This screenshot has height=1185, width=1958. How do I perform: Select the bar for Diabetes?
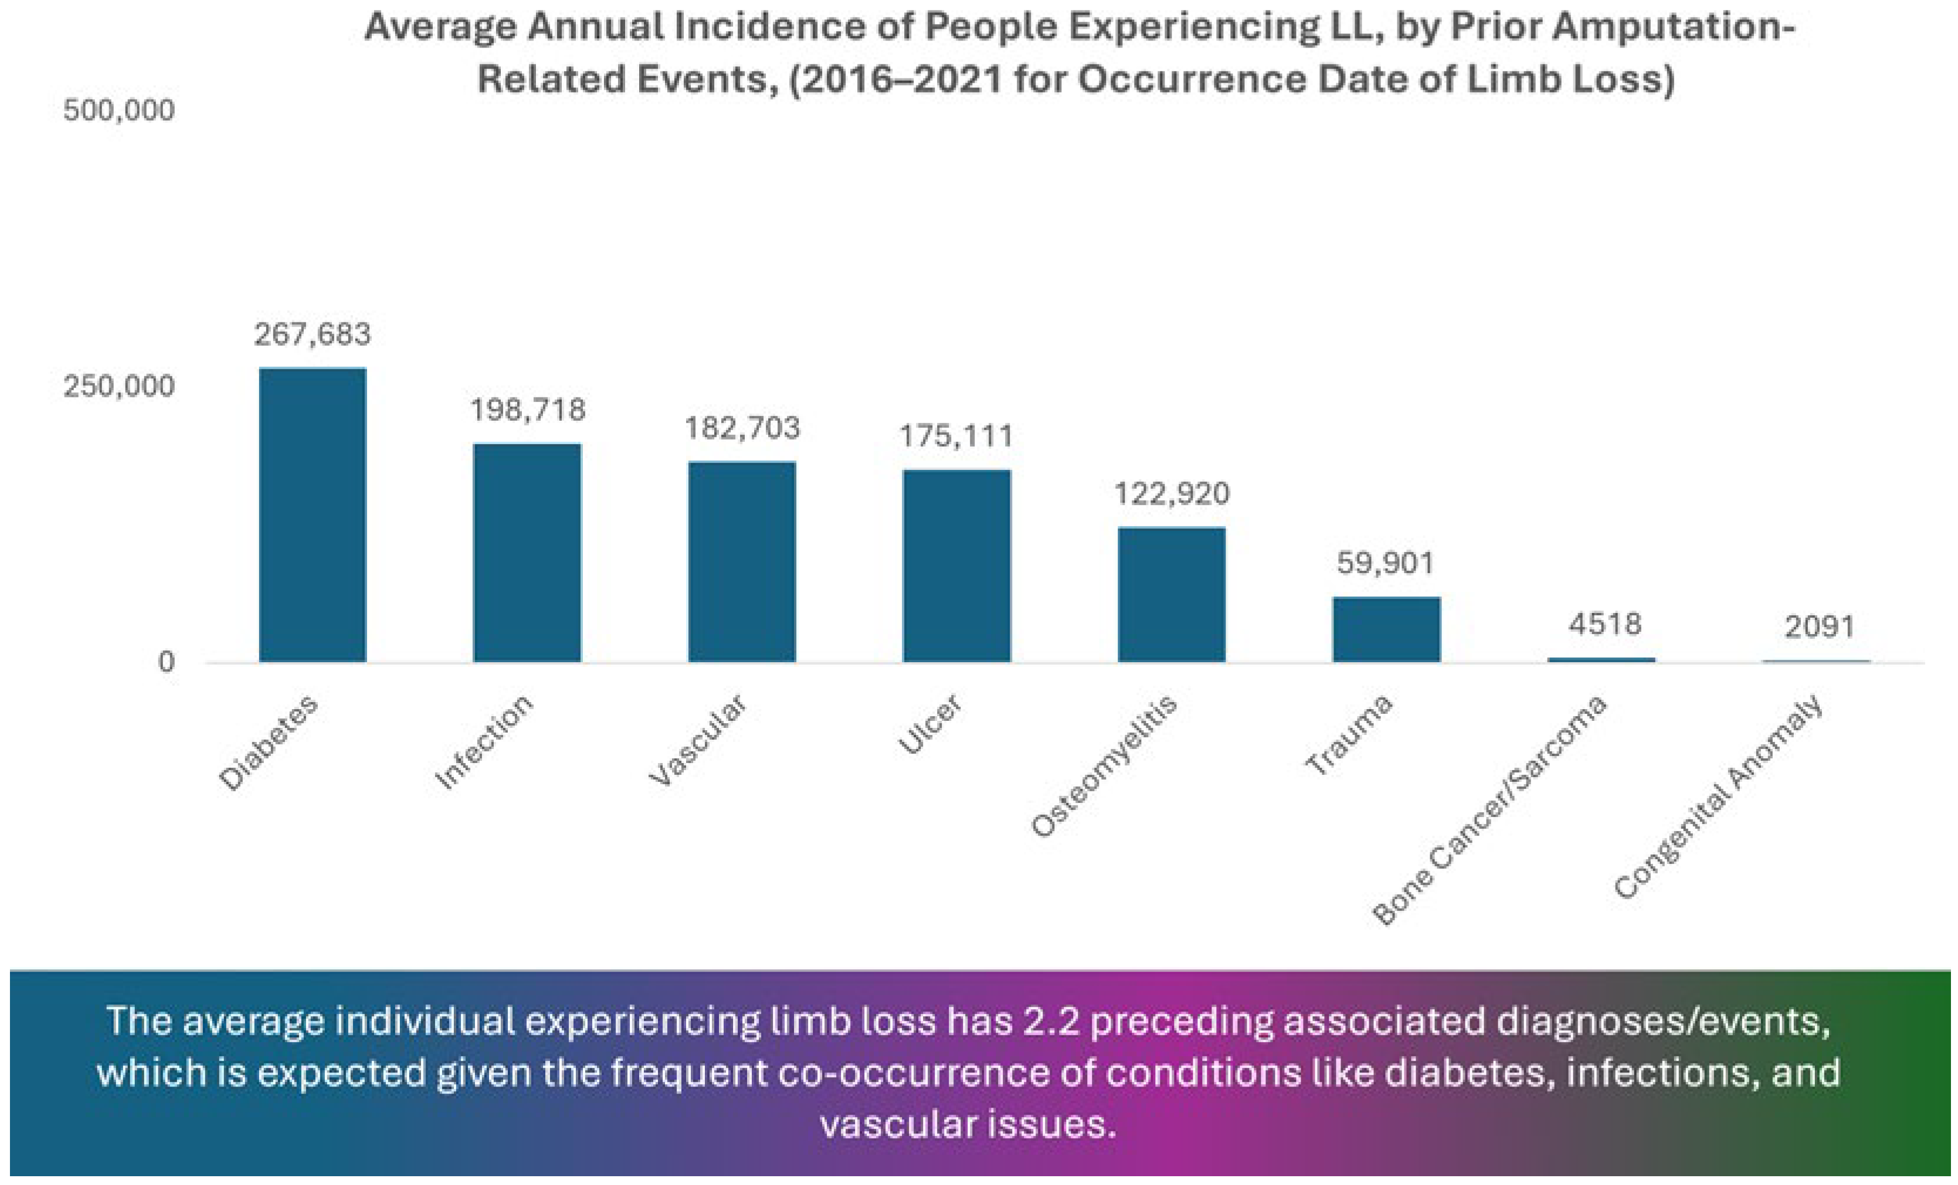313,514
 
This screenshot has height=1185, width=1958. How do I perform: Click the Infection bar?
527,552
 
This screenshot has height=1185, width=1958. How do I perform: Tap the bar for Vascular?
741,561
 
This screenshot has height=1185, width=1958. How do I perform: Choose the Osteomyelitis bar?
1171,594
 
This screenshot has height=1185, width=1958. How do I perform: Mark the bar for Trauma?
1386,629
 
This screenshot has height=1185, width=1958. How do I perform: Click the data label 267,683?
313,335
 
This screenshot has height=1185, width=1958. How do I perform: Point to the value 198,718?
528,410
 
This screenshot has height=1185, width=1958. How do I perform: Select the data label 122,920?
1171,494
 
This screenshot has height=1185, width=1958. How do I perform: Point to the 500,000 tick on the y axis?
118,110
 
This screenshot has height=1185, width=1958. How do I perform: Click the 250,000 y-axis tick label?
118,386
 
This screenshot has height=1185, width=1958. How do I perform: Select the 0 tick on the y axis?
165,662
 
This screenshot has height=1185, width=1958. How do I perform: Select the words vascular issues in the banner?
968,1124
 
